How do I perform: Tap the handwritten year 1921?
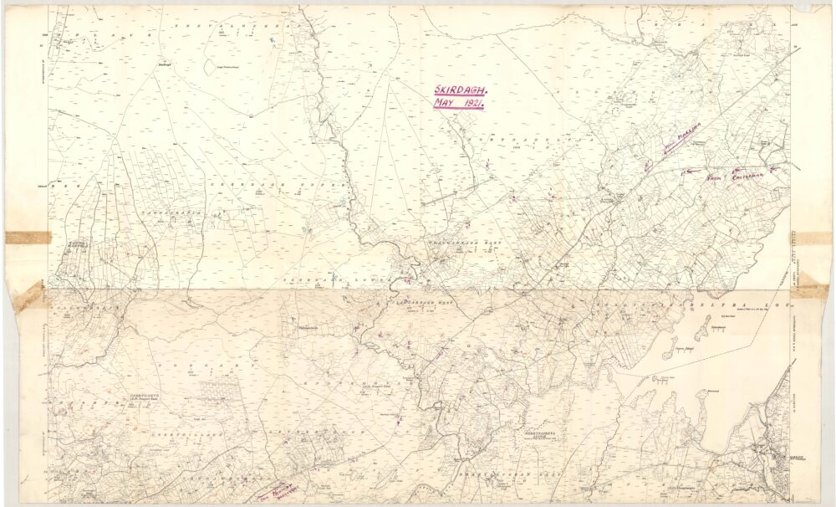pyautogui.click(x=472, y=102)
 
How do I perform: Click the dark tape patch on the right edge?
pyautogui.click(x=809, y=291)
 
